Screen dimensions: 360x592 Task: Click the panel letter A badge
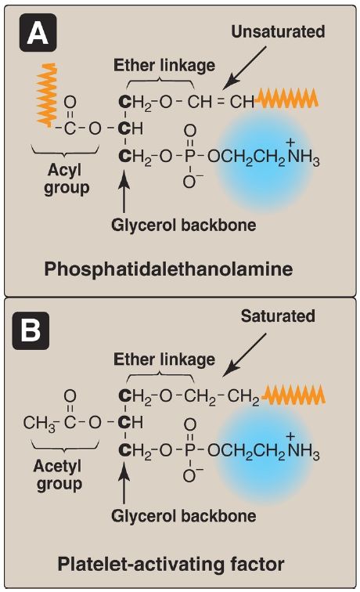click(38, 32)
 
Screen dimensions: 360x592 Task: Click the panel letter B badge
click(31, 330)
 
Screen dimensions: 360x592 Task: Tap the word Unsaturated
click(278, 31)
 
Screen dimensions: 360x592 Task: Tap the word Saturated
click(278, 316)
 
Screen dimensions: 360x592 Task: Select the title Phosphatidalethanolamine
click(168, 269)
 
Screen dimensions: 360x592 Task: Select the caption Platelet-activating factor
click(171, 565)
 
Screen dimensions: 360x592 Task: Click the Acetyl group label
click(59, 475)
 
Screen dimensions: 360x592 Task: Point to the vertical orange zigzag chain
click(47, 96)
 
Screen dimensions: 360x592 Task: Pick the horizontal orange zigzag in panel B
click(293, 395)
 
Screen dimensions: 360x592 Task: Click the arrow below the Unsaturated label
click(244, 68)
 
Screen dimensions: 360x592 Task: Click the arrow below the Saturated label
click(244, 355)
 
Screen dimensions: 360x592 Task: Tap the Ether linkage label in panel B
click(164, 359)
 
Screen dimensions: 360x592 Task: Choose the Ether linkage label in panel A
click(164, 65)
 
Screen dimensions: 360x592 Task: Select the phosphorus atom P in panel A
click(190, 156)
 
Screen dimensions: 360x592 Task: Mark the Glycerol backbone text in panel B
click(184, 516)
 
